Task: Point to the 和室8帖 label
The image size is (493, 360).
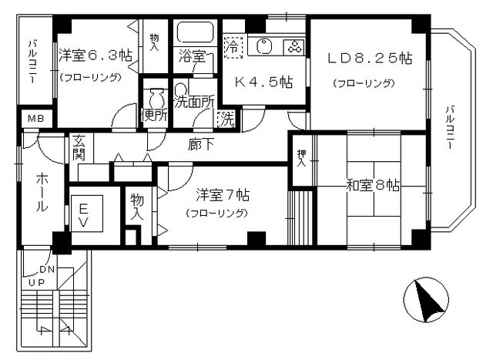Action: click(x=373, y=185)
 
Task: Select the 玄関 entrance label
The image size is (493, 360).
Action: click(x=79, y=146)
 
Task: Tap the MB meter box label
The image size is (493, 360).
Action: click(x=36, y=118)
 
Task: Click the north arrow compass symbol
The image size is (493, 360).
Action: click(x=426, y=300)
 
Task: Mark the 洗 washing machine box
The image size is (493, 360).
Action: click(x=226, y=119)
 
